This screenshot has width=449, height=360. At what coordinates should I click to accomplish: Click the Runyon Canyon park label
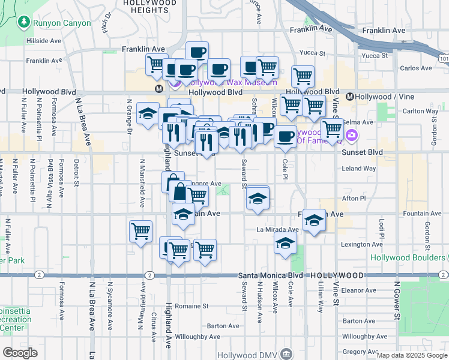[62, 23]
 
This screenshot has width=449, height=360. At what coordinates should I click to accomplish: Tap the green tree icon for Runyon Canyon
[24, 23]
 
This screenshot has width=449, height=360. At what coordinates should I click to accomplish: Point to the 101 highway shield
[443, 59]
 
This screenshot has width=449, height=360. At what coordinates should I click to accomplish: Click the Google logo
[20, 353]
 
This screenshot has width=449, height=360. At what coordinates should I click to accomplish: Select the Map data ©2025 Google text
[412, 355]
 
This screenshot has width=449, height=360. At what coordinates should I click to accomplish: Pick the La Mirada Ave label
[277, 229]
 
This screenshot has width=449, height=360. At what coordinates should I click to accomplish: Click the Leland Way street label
[358, 169]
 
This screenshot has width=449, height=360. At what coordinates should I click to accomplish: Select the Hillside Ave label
[44, 41]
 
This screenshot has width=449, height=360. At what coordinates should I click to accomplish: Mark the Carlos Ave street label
[416, 68]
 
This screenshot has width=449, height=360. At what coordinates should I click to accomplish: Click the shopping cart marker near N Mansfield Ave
[140, 231]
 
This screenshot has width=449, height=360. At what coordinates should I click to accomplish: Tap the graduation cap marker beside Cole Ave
[285, 243]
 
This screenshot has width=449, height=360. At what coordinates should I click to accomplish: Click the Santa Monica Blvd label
[270, 275]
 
